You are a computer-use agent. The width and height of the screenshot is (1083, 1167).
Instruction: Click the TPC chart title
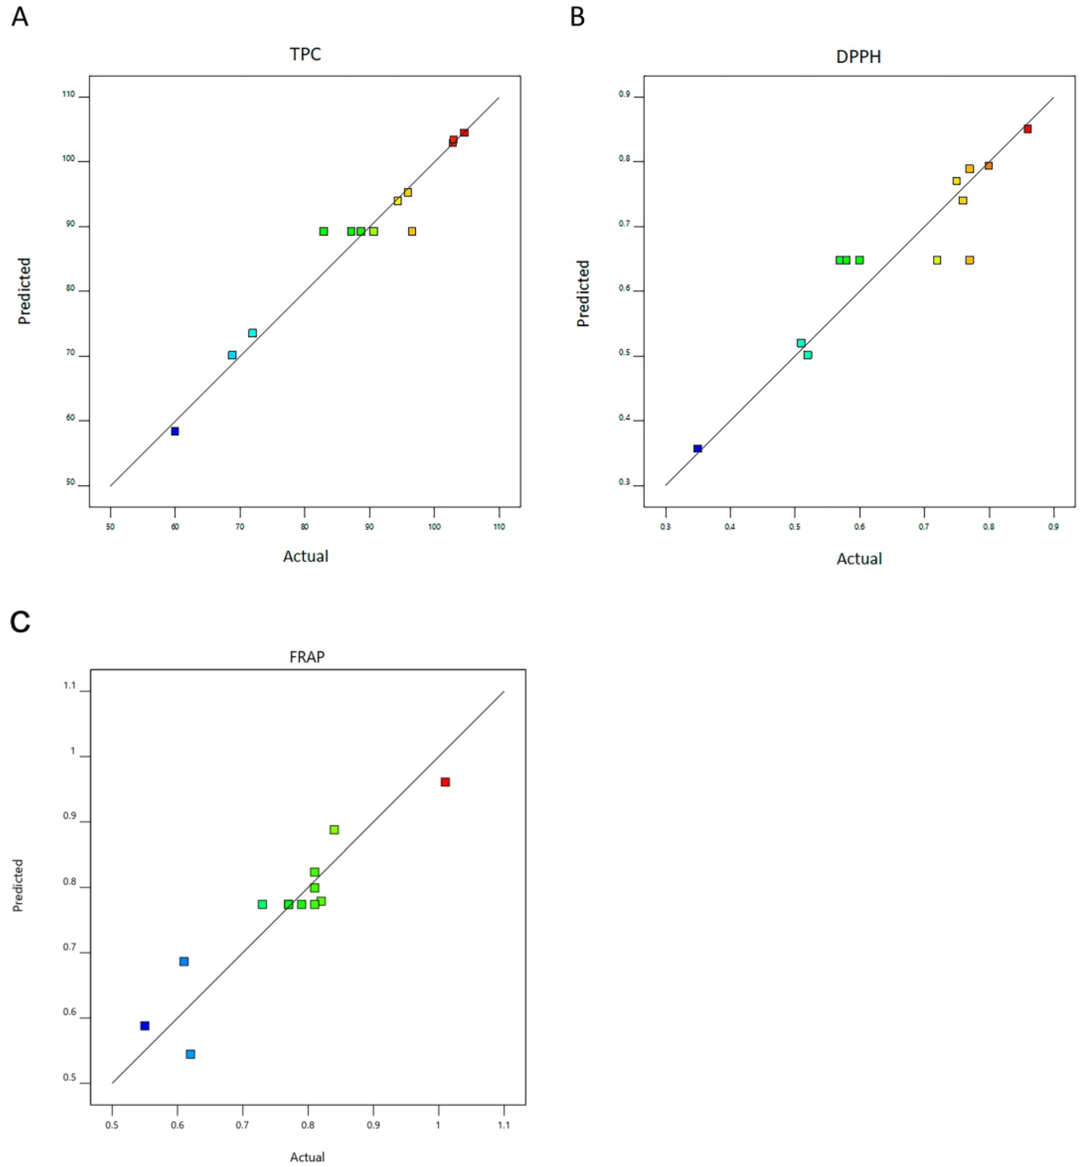point(305,55)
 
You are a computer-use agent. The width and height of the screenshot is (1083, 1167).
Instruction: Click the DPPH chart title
point(858,57)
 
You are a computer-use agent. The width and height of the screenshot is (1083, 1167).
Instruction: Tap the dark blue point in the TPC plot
point(175,431)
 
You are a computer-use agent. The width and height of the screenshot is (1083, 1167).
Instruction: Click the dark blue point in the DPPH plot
point(697,449)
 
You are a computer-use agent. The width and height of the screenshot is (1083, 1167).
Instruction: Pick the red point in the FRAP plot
point(445,782)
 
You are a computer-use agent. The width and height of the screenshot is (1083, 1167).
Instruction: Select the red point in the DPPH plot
point(1027,129)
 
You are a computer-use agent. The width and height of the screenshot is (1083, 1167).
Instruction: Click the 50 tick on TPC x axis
point(110,527)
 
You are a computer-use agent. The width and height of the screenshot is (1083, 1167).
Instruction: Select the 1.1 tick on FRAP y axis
point(71,685)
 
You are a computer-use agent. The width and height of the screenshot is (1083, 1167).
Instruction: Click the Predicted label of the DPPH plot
point(583,293)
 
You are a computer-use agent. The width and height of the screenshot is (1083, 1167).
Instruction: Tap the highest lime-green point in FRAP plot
point(334,830)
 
